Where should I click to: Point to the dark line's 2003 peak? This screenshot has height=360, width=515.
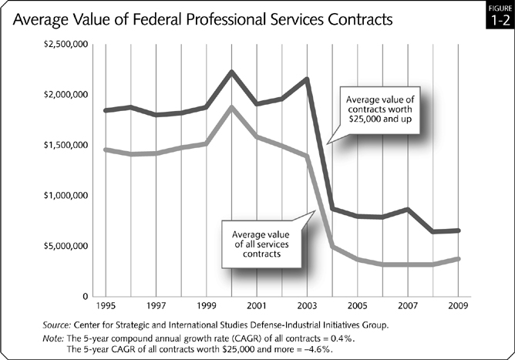tap(307, 79)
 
